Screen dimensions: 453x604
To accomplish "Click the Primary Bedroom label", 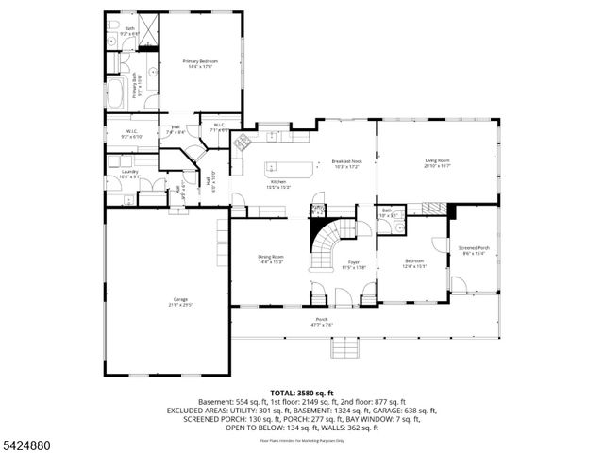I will pyautogui.click(x=199, y=63).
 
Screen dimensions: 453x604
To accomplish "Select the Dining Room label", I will pyautogui.click(x=272, y=259).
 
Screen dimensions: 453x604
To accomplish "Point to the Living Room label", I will pyautogui.click(x=436, y=163).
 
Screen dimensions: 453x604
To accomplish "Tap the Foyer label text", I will pyautogui.click(x=353, y=264).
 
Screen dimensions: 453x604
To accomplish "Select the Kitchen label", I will pyautogui.click(x=278, y=183).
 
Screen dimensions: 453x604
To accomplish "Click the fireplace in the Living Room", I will pyautogui.click(x=449, y=210).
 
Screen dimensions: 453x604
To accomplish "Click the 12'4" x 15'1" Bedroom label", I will pyautogui.click(x=414, y=263).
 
